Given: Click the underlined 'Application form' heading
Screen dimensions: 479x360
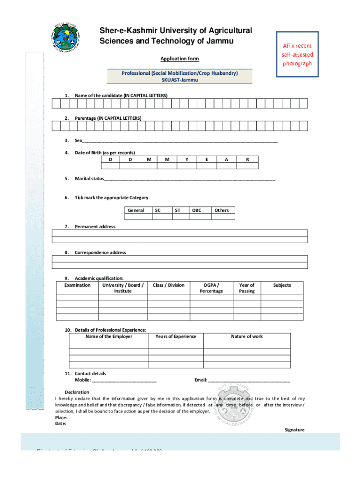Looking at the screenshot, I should point(180,59).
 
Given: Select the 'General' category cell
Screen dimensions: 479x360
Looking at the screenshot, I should point(136,210).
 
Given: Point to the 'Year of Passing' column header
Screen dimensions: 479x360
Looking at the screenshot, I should point(246,288).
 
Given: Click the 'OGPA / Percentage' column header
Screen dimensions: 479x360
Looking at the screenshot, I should point(211,288).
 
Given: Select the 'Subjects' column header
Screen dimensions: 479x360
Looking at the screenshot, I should point(282,285).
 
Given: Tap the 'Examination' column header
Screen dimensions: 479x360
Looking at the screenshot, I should point(77,285).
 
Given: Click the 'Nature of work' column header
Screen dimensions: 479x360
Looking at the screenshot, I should point(247,336).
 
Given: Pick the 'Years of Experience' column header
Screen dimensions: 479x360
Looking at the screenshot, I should point(176,336).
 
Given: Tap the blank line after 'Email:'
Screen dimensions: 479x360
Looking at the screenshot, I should point(249,380).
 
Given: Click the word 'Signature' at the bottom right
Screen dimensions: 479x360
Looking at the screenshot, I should point(295,429).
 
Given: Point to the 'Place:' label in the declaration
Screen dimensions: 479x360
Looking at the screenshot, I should point(61,417).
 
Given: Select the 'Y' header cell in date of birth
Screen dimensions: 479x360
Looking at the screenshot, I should point(187,160).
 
